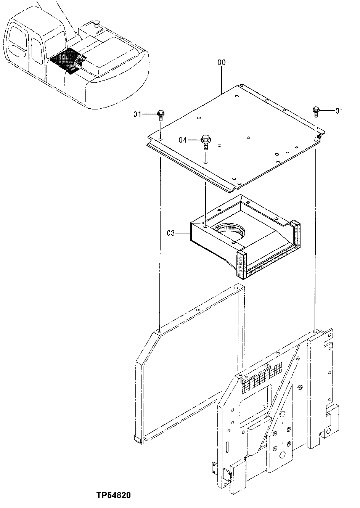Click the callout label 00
[221, 62]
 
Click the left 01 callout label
[137, 114]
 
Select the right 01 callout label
[339, 111]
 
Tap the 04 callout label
[183, 140]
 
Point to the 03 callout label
[170, 233]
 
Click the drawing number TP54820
[114, 495]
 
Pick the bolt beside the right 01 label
[316, 110]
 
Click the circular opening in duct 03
[229, 231]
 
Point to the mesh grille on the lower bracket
[263, 375]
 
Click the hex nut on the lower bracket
[300, 387]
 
